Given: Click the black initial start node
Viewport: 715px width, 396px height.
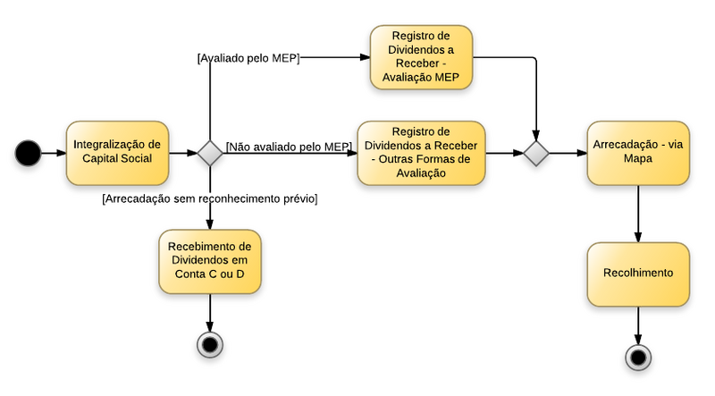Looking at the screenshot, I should click(x=29, y=153).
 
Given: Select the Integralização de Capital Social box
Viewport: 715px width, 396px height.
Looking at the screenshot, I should click(x=117, y=153).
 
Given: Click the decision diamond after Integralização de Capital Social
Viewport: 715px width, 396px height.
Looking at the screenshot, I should click(x=210, y=153).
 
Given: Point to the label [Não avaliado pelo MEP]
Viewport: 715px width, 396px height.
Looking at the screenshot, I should click(x=288, y=146).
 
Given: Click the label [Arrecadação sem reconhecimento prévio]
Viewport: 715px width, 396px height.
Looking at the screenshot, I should click(x=210, y=198).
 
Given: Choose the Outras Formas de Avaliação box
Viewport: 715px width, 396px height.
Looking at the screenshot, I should click(x=421, y=153).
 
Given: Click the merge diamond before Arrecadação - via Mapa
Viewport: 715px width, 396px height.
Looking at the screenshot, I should click(x=535, y=153).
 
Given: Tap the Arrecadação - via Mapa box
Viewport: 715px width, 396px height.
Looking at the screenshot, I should click(x=637, y=153).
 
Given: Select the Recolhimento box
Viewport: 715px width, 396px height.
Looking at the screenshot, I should click(x=637, y=273).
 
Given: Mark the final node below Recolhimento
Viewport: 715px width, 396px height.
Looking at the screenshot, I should click(x=637, y=358).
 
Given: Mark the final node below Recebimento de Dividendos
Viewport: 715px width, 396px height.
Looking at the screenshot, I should click(x=210, y=343).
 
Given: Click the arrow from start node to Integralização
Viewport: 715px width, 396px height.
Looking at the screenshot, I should click(x=54, y=153).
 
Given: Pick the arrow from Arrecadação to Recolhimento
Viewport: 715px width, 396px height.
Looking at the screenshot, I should click(x=637, y=213).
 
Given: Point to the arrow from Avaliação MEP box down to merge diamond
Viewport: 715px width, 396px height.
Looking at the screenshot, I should click(x=535, y=98).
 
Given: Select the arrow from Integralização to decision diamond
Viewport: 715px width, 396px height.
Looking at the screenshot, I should click(x=183, y=153).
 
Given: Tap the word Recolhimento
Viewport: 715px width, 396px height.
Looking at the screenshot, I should click(x=637, y=273).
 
